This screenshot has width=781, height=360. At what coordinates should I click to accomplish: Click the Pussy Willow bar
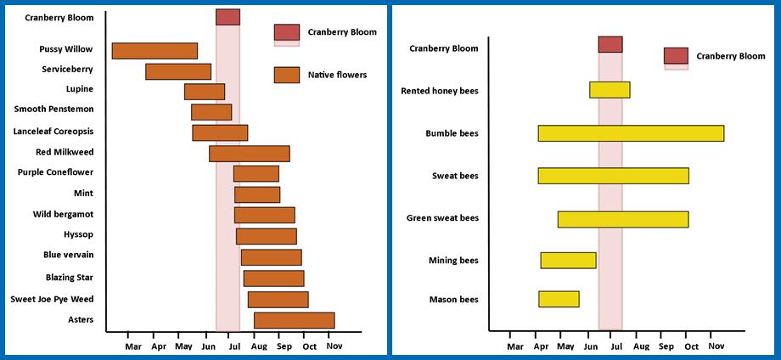155,51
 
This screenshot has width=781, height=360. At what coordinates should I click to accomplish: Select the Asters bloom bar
294,320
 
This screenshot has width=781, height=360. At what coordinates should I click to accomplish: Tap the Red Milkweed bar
249,154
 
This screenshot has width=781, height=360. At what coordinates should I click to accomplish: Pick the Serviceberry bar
178,71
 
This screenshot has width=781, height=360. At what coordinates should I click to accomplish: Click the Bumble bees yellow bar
631,133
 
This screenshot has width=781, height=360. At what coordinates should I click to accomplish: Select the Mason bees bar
559,299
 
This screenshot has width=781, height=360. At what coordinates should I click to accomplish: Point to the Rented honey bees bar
610,90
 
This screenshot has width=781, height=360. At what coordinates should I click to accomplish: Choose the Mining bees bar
568,260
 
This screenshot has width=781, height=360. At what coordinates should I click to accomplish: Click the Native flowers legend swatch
287,75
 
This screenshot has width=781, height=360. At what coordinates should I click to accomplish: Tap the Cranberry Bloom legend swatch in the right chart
676,56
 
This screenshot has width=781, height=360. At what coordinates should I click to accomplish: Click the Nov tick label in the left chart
334,346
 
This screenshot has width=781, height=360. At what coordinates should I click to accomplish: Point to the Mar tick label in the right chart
514,346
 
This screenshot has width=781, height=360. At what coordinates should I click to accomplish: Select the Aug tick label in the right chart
641,346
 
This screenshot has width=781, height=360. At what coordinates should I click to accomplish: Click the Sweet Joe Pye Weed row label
52,299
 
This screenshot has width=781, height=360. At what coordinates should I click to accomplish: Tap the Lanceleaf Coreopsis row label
53,132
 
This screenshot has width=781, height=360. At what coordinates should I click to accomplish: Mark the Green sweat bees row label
442,218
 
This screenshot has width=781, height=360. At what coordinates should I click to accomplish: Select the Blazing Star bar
273,278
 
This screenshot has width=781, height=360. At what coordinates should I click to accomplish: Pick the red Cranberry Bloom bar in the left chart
228,17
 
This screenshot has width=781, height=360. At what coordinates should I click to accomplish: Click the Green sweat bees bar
623,219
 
